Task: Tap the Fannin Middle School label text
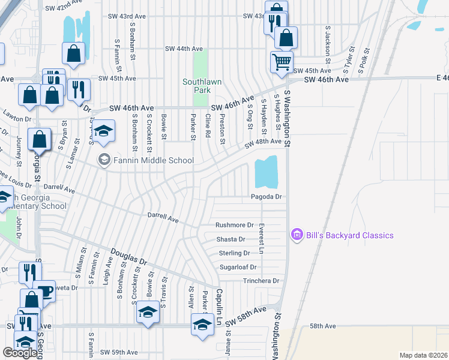click(x=154, y=160)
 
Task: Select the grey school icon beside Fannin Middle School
click(x=104, y=160)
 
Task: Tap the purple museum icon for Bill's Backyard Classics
click(x=296, y=235)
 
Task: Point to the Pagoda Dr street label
click(x=267, y=197)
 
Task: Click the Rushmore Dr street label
click(x=235, y=225)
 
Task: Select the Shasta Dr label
click(x=231, y=239)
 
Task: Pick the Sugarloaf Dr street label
click(x=238, y=266)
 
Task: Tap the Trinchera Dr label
click(x=261, y=281)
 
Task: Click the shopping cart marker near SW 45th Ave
click(x=282, y=61)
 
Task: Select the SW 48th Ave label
click(x=263, y=142)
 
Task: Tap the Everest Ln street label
click(x=261, y=234)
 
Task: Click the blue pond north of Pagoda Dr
click(x=267, y=172)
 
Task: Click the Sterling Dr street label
click(x=234, y=253)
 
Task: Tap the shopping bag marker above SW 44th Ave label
click(x=73, y=53)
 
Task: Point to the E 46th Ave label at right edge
click(x=442, y=78)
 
